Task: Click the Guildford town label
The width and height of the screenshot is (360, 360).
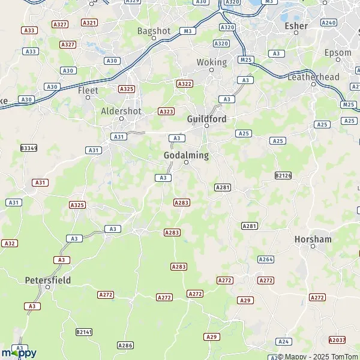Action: click(x=206, y=119)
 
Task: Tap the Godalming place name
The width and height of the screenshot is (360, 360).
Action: click(x=186, y=155)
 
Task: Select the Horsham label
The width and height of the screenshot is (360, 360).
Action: click(x=313, y=239)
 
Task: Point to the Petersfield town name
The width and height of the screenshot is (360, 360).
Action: click(x=48, y=280)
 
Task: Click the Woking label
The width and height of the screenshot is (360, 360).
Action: click(x=212, y=62)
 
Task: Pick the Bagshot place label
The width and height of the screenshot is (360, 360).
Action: click(x=154, y=30)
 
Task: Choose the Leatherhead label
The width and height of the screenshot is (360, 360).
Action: click(x=314, y=77)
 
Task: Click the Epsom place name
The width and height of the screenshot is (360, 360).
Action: click(x=337, y=52)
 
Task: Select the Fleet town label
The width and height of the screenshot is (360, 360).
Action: click(x=88, y=91)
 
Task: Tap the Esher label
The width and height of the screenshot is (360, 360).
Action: click(x=296, y=26)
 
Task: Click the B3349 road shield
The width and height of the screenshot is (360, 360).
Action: click(x=28, y=148)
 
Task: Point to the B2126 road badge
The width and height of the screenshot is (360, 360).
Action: click(x=283, y=175)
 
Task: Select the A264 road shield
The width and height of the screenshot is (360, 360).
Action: click(x=266, y=259)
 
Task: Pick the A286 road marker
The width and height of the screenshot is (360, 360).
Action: click(x=125, y=345)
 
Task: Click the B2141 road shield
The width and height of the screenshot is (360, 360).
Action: click(x=85, y=332)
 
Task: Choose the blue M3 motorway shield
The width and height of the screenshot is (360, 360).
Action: click(x=189, y=31)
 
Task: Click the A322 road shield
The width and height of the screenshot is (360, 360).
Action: click(x=184, y=84)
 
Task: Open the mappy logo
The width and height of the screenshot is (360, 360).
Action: click(x=19, y=353)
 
